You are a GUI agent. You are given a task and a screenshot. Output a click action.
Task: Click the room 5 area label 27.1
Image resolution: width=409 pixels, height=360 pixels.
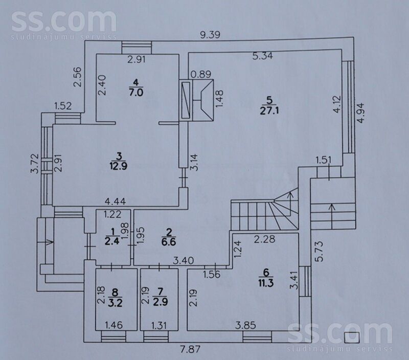269,110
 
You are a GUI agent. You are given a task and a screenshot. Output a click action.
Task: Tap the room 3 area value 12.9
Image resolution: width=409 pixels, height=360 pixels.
119,166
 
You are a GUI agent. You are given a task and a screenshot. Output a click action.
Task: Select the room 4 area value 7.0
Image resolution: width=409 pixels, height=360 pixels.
136,93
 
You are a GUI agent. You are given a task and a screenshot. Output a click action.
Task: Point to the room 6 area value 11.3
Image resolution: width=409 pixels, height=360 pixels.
266,283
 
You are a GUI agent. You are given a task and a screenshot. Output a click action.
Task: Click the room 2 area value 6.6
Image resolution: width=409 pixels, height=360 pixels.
169,241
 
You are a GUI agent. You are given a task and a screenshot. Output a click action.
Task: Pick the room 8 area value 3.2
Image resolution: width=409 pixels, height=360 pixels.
115,303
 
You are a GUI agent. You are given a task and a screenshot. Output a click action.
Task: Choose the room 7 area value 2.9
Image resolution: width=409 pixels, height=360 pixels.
160,302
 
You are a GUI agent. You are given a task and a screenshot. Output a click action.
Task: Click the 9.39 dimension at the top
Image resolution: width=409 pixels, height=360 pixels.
210,35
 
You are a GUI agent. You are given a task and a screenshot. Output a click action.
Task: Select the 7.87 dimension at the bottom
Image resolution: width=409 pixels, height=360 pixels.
191,349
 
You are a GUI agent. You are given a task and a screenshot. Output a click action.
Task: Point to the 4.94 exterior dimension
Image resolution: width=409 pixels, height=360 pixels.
361,112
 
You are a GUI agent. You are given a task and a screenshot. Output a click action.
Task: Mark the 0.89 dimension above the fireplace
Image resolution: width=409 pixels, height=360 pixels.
200,74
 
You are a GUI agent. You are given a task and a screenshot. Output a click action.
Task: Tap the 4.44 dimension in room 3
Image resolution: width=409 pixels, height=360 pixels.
115,201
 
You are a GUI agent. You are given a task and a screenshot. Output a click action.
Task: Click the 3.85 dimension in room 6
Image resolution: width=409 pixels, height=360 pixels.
245,325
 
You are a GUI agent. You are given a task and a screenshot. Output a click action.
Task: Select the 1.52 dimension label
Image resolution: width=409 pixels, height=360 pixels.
63,106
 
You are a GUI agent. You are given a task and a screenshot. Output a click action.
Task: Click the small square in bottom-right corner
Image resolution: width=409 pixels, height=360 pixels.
352,337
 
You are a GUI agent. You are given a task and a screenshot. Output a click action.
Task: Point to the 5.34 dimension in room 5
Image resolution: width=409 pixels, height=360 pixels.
263,56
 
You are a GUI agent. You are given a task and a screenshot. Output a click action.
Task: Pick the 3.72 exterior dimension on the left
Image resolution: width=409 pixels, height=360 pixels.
35,164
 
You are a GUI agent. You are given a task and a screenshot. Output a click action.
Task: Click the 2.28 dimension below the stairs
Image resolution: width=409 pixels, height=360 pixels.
264,239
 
